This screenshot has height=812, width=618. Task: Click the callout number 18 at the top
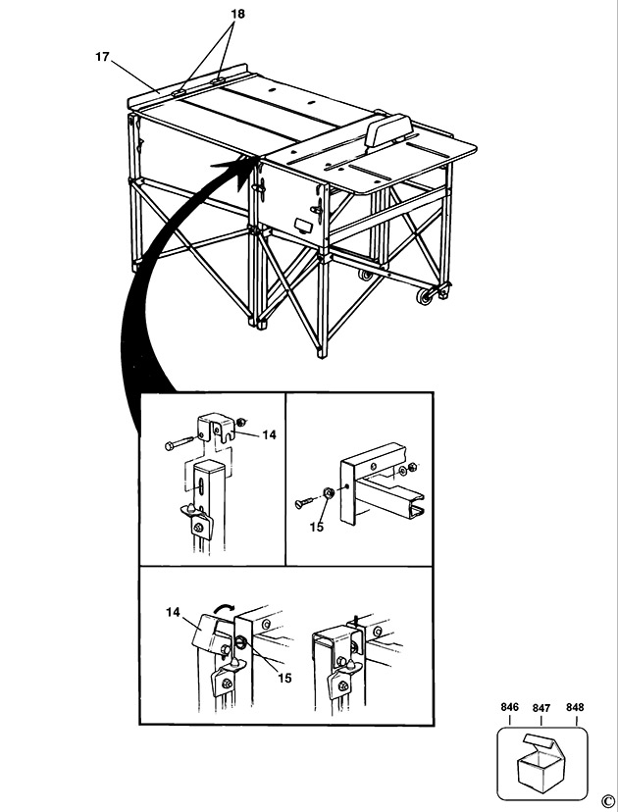pos(238,14)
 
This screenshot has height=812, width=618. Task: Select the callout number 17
pos(102,57)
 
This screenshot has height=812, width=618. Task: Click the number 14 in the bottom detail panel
pos(174,612)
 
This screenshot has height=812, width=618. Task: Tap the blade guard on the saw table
pos(386,129)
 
